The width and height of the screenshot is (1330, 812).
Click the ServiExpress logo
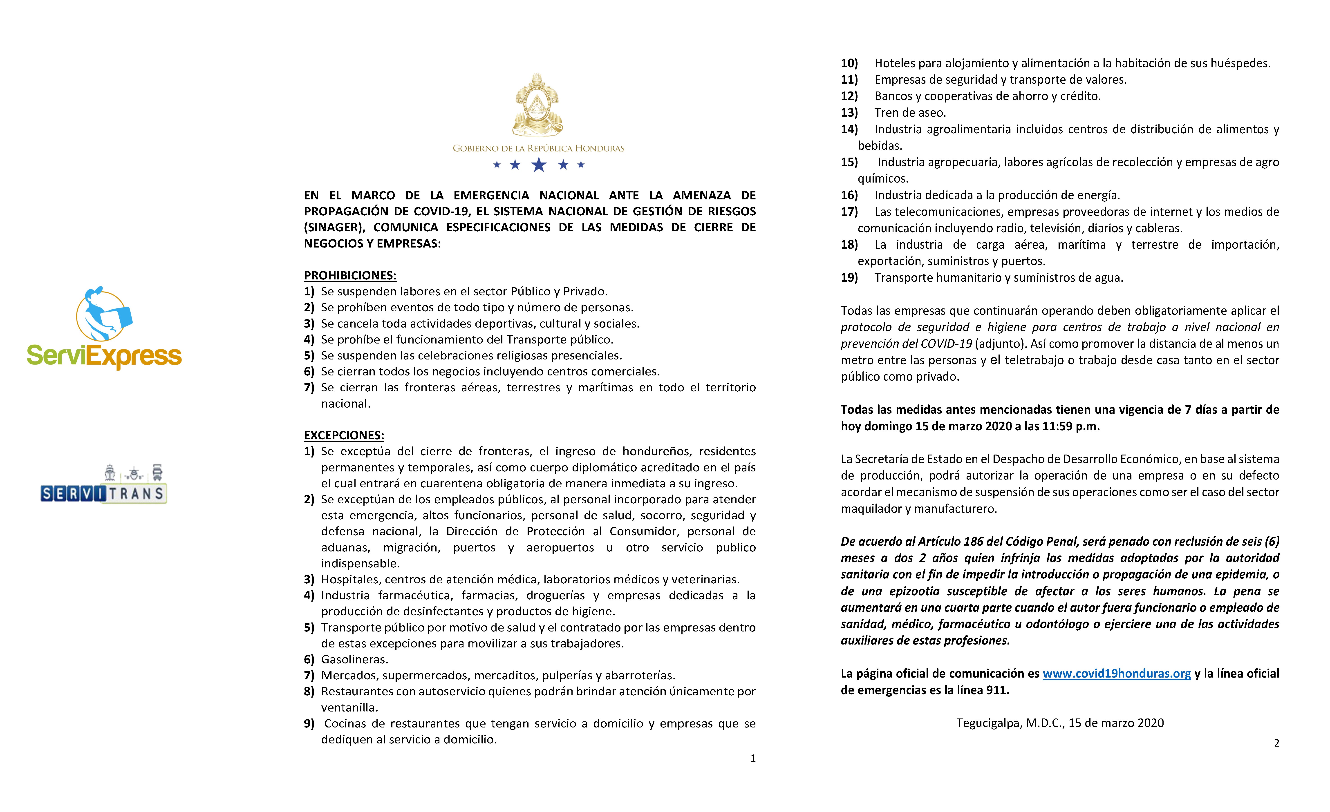[104, 329]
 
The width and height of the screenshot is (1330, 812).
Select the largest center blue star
[539, 165]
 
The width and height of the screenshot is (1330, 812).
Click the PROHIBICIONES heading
[350, 276]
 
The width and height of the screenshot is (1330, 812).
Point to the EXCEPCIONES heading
[344, 435]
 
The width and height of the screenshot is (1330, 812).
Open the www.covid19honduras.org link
[1116, 674]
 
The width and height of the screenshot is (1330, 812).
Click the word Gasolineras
[354, 659]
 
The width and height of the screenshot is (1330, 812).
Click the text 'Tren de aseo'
[909, 113]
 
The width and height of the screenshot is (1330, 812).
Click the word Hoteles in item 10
[894, 63]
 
